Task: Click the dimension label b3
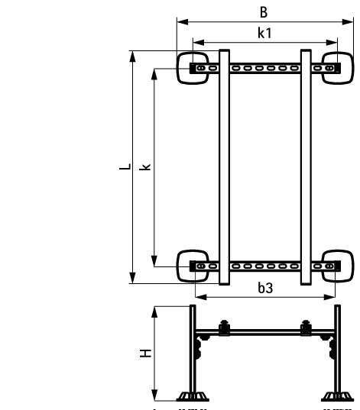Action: coord(264,288)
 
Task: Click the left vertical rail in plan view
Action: coord(224,167)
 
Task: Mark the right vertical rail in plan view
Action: coord(306,167)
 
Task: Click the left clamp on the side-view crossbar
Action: coord(224,328)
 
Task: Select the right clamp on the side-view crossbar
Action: coord(306,328)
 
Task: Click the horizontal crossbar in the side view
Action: coord(264,334)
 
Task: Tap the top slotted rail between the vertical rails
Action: coord(264,69)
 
